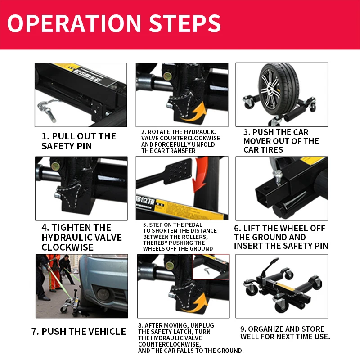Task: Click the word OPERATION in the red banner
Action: click(74, 23)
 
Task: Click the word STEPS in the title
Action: click(185, 23)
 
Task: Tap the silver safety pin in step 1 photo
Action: click(48, 110)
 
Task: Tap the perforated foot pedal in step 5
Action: click(178, 171)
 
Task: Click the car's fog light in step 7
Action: click(103, 294)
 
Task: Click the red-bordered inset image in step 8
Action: click(211, 267)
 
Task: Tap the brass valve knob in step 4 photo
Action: click(55, 166)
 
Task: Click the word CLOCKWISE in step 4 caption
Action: click(67, 247)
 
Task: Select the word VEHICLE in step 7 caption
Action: click(107, 332)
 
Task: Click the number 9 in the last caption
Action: click(243, 329)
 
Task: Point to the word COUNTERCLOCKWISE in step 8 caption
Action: click(169, 344)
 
